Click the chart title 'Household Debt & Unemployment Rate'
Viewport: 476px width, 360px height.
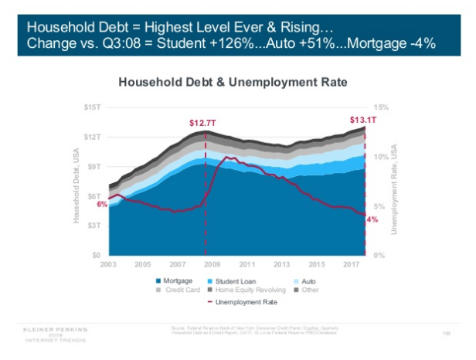232,81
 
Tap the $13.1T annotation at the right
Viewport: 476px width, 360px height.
362,119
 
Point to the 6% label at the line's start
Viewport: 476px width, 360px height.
101,204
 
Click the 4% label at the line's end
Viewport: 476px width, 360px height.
372,219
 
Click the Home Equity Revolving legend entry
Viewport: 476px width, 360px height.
244,290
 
